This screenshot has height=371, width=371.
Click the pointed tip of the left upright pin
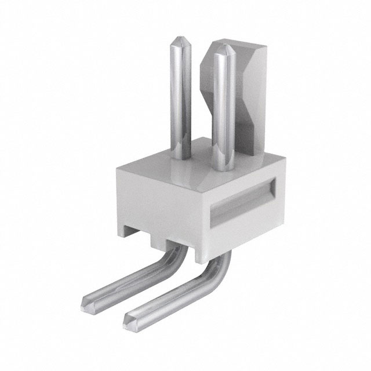177,37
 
